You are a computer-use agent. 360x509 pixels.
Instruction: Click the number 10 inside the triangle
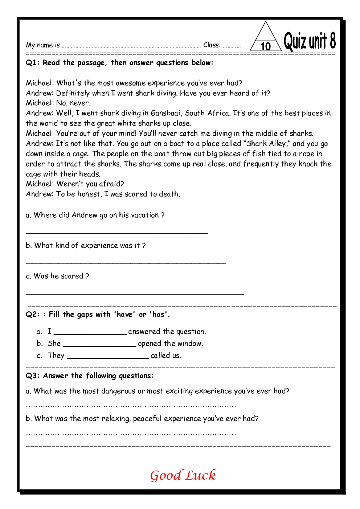tap(266, 46)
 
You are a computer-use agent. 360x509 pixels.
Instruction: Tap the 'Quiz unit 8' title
tap(310, 41)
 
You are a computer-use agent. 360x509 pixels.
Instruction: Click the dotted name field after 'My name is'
tap(131, 46)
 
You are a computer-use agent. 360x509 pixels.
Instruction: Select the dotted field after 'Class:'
tap(232, 46)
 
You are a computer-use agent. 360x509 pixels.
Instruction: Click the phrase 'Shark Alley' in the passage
tap(266, 144)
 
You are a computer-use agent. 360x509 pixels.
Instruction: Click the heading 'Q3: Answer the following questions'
tap(90, 376)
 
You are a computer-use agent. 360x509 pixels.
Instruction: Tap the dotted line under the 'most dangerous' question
tap(131, 406)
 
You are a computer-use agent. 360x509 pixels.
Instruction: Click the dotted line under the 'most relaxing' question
tap(131, 433)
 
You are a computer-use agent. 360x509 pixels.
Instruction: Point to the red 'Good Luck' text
tap(183, 475)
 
